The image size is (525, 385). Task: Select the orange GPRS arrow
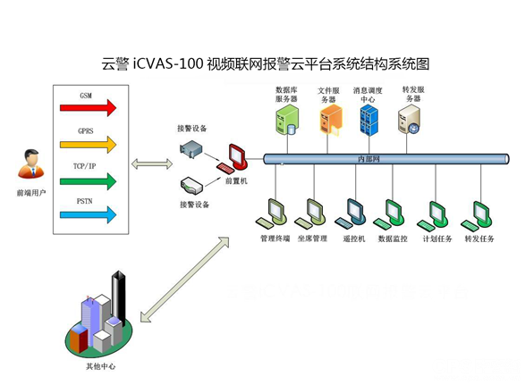[x=89, y=143]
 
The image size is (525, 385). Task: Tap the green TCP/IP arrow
[x=89, y=181]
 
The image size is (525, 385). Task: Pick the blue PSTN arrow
[x=89, y=213]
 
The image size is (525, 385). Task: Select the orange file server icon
[x=329, y=116]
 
